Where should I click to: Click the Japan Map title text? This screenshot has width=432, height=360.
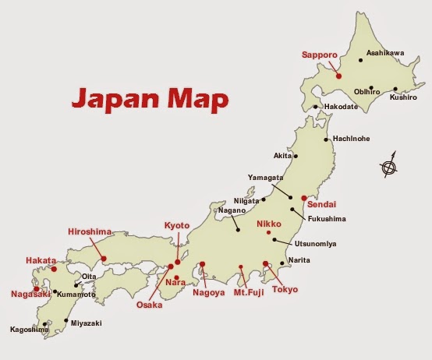tap(150, 100)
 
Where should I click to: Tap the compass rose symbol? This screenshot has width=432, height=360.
tap(389, 165)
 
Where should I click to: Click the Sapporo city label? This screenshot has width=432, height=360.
tap(319, 55)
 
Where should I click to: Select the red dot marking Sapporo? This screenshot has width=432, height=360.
tap(338, 76)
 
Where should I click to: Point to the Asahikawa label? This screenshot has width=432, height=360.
tap(385, 52)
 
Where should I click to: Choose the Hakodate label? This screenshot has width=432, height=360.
tap(340, 107)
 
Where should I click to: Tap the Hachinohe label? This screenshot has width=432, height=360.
tap(351, 139)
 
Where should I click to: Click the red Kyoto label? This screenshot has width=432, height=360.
tap(177, 225)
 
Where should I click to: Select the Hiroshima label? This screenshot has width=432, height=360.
tap(90, 231)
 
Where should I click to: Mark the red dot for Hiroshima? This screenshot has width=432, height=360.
tap(104, 257)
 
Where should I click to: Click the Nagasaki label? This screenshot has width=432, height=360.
tap(30, 294)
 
